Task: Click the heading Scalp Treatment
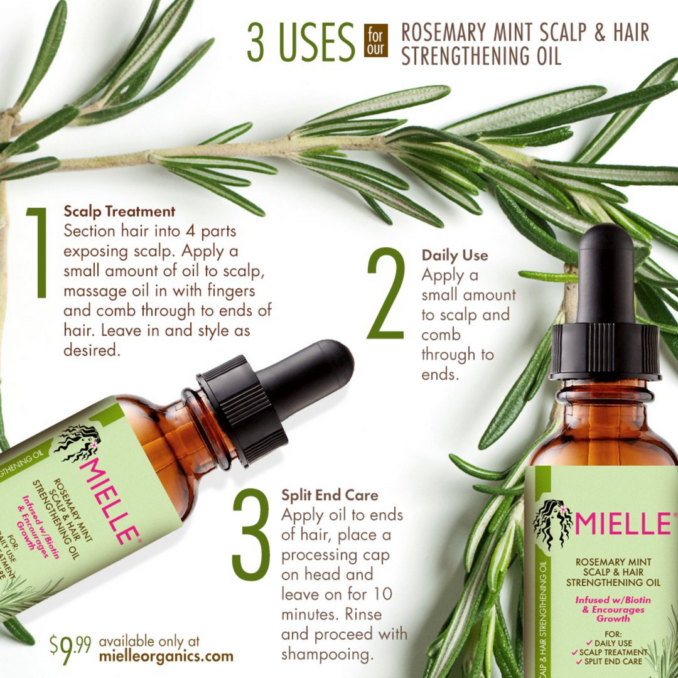click(119, 211)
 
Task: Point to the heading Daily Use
click(455, 256)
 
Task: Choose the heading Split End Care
click(330, 495)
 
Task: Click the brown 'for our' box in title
click(376, 41)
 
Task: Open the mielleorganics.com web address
click(166, 657)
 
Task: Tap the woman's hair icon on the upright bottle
click(552, 524)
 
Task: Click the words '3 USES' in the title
click(301, 42)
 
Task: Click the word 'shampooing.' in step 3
click(324, 654)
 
